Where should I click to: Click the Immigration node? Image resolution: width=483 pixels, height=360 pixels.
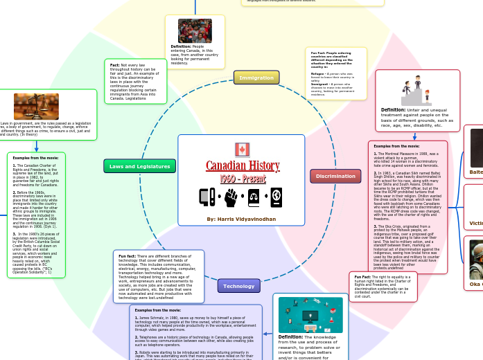[x=256, y=78]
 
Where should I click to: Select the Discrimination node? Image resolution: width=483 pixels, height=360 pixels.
[x=335, y=176]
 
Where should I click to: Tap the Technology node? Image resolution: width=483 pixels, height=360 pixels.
[x=238, y=285]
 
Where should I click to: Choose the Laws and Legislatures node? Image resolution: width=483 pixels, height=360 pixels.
[x=140, y=165]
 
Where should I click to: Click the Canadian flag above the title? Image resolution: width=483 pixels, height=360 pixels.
[x=241, y=149]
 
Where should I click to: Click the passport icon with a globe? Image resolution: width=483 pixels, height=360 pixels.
[x=275, y=197]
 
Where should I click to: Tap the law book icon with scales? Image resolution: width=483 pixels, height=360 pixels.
[x=253, y=198]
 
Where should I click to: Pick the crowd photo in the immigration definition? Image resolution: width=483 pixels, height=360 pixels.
[x=195, y=31]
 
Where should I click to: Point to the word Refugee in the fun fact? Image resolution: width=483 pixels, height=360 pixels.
[x=317, y=73]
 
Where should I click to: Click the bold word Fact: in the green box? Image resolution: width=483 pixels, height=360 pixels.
[x=115, y=64]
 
